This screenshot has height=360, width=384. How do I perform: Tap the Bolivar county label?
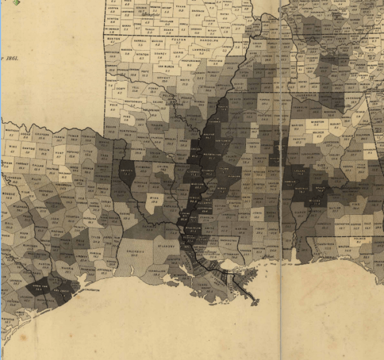tap(210, 135)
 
